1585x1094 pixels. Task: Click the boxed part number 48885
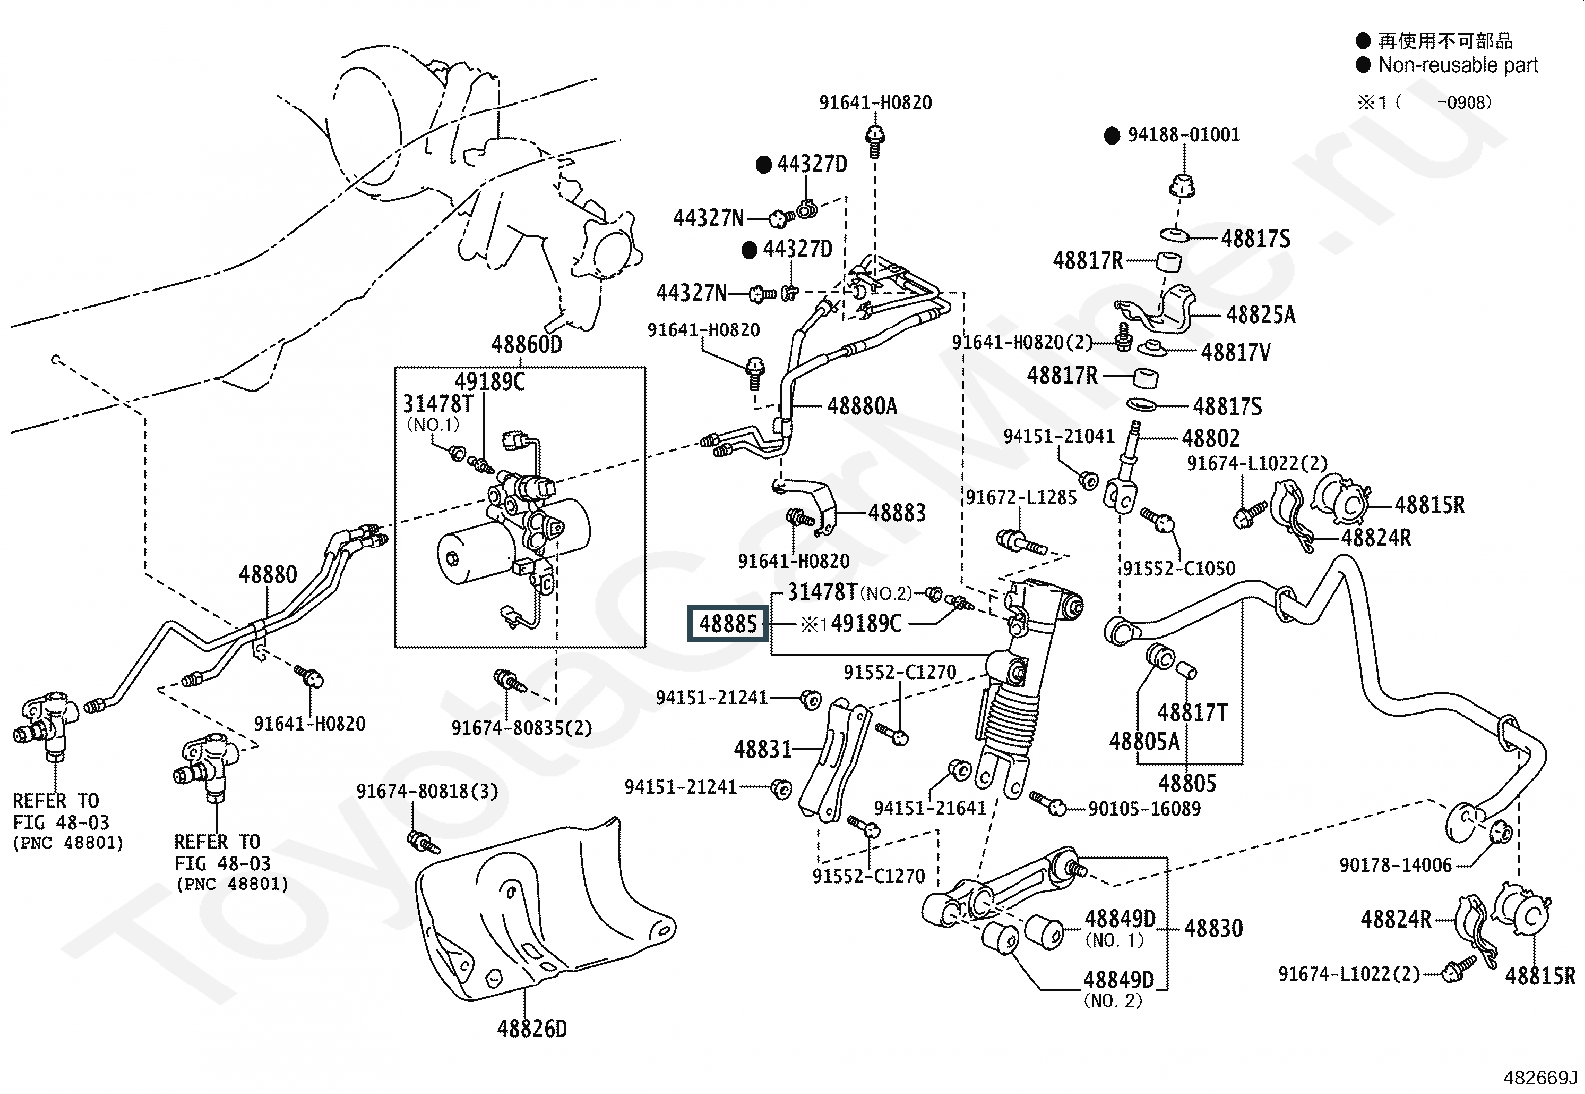(x=728, y=624)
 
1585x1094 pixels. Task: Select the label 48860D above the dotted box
(x=527, y=345)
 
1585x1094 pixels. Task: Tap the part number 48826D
(x=532, y=1029)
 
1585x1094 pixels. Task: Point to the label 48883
(x=896, y=513)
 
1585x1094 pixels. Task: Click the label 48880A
(x=862, y=406)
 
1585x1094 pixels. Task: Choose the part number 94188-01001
(x=1184, y=135)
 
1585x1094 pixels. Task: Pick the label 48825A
(x=1260, y=315)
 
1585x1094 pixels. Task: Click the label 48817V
(x=1236, y=352)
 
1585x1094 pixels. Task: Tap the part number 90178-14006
(x=1395, y=865)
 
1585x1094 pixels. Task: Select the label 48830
(x=1213, y=928)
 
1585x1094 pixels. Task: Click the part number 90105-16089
(x=1144, y=808)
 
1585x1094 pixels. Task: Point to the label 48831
(x=762, y=749)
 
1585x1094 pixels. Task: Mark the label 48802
(x=1210, y=439)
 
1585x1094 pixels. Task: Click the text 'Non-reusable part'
(x=1459, y=65)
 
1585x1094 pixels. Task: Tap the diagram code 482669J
(x=1540, y=1078)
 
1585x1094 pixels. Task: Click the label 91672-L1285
(x=1021, y=498)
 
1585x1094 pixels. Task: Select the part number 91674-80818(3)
(x=427, y=791)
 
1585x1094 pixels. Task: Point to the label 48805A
(x=1144, y=741)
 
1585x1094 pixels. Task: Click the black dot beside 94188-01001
(x=1112, y=135)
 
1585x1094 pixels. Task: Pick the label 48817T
(x=1193, y=712)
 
